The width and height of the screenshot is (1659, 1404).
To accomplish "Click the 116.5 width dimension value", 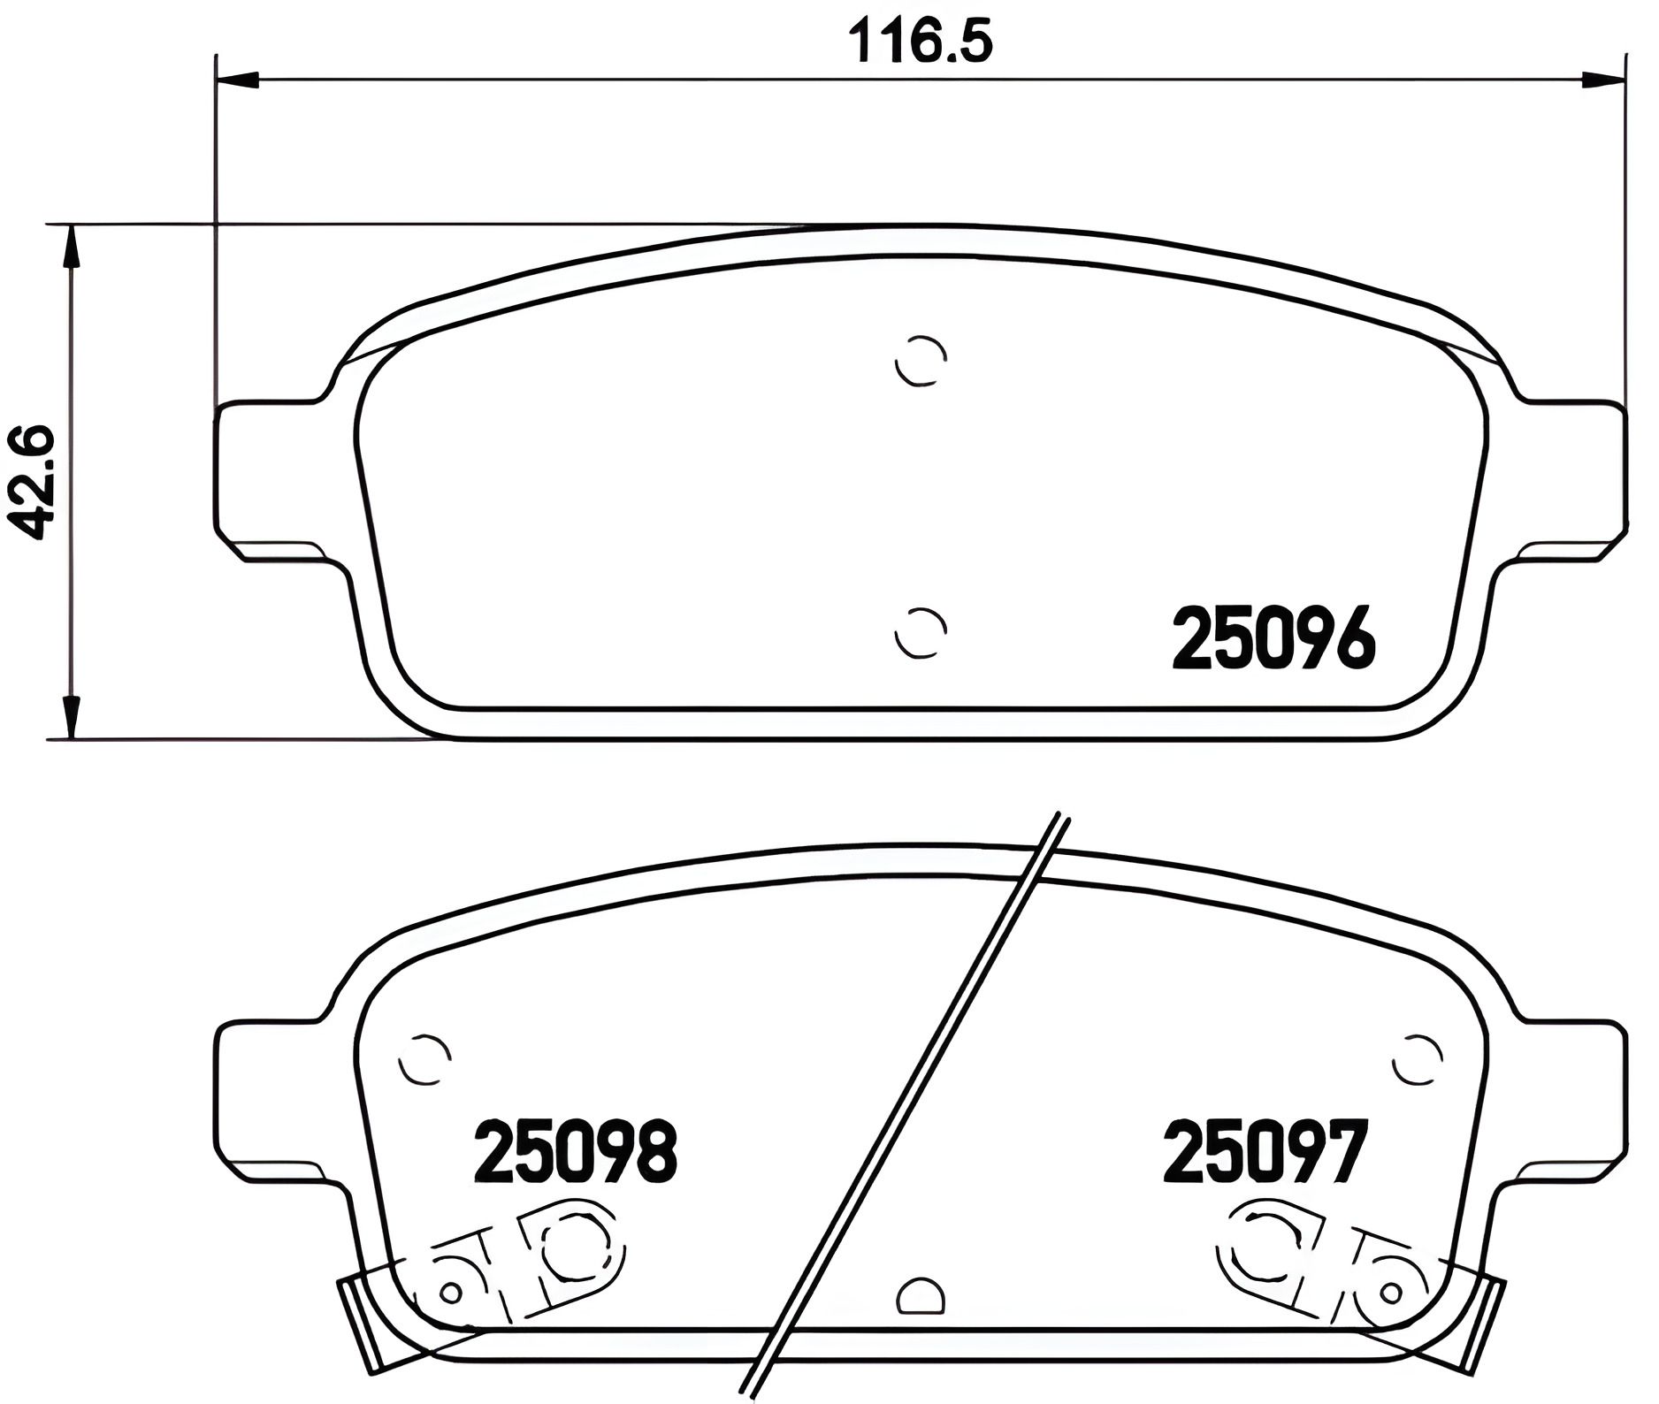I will pos(920,42).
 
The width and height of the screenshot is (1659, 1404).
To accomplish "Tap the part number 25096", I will pos(1274,638).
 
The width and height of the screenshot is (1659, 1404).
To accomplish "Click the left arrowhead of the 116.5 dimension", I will pos(237,80).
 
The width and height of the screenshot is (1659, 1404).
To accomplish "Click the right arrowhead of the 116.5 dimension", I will pos(1604,80).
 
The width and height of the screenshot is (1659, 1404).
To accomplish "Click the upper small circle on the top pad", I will pos(921,361).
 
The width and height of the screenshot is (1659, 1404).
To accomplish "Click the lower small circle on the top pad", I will pos(921,632).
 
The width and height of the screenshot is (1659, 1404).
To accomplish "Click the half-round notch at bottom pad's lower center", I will pos(921,1298).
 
